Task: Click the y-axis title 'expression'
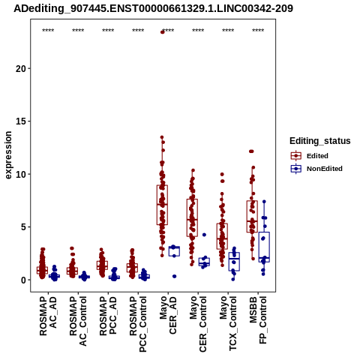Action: tap(8, 155)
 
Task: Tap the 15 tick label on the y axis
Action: tap(21, 121)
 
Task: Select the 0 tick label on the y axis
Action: tap(23, 280)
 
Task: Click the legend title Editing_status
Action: tap(320, 141)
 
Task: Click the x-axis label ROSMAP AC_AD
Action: tap(48, 316)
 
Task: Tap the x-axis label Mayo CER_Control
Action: tap(198, 324)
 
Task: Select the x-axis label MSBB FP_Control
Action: tap(258, 320)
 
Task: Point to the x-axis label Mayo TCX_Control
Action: tap(228, 324)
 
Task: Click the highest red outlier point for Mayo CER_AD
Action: tap(163, 32)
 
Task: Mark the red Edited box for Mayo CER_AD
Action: tap(162, 205)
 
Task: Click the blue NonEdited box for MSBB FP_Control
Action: tap(264, 247)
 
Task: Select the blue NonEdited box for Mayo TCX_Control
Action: tap(234, 262)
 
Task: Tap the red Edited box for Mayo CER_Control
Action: tap(192, 217)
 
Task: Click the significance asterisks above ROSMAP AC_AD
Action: tap(48, 31)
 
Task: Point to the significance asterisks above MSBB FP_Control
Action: tap(258, 31)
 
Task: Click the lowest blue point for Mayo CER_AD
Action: tap(174, 276)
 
